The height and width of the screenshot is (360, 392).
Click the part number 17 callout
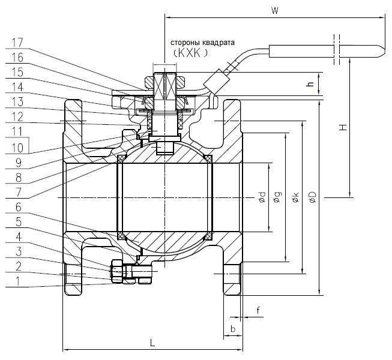pyautogui.click(x=17, y=43)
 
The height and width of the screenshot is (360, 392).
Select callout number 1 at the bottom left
pyautogui.click(x=17, y=281)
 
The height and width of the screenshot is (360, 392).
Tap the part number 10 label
pyautogui.click(x=17, y=148)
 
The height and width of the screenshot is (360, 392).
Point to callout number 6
pyautogui.click(x=18, y=207)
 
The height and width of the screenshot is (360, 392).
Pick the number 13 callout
pyautogui.click(x=17, y=102)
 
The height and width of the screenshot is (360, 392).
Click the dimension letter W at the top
pyautogui.click(x=274, y=10)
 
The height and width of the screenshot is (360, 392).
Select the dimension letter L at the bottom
pyautogui.click(x=152, y=343)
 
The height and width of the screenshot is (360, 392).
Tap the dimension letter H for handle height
pyautogui.click(x=343, y=128)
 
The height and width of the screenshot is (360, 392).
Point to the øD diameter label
pyautogui.click(x=313, y=197)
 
